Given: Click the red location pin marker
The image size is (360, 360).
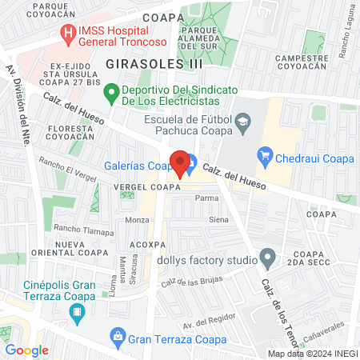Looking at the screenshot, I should click(x=180, y=162).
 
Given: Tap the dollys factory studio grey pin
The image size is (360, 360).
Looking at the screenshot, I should click(x=268, y=258).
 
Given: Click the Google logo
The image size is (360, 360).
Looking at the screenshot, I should click(x=26, y=350).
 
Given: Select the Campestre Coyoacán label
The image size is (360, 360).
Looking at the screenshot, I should click(x=301, y=63).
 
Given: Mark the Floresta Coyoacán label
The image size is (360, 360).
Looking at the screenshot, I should click(x=75, y=132).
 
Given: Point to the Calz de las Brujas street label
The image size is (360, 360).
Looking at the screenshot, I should click(x=190, y=280).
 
